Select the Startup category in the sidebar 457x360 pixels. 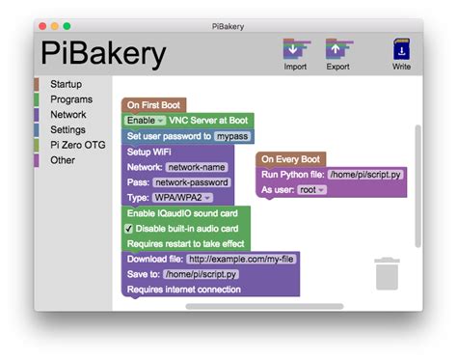pos(66,84)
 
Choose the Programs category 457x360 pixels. pos(70,99)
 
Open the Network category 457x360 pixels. pos(67,114)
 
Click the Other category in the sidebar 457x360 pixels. pos(62,160)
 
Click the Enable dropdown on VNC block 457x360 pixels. pos(146,121)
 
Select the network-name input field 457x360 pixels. pos(197,166)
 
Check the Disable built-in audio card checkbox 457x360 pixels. pos(129,229)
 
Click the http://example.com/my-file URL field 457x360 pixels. pos(240,259)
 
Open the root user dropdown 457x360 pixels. pos(312,190)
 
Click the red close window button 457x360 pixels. pos(41,24)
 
